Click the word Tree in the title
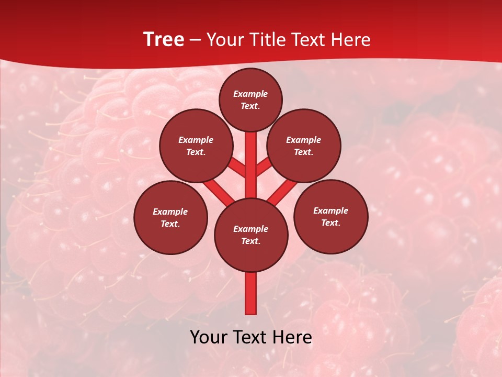point(164,39)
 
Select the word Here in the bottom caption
point(294,337)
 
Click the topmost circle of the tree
point(250,99)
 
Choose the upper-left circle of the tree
point(196,146)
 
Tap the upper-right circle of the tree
point(304,146)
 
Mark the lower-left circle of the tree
point(170,217)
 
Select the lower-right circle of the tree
point(330,216)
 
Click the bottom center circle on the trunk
point(251,235)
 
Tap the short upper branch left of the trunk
point(238,168)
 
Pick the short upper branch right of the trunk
point(263,168)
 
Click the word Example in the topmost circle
point(250,94)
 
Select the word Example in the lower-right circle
point(330,210)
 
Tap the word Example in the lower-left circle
point(170,212)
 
